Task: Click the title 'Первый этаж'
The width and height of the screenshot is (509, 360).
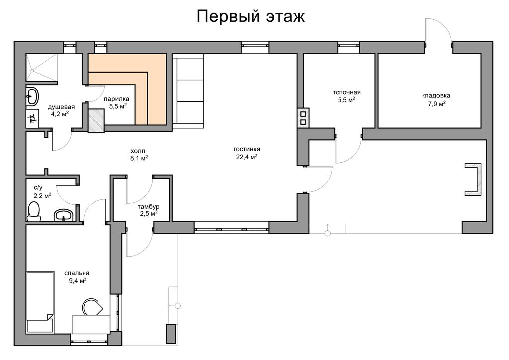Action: pos(251,16)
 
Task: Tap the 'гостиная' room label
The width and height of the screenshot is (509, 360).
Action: pos(247,149)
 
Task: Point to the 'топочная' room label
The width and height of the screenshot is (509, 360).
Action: pos(346,92)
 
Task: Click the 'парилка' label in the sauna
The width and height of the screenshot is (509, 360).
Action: pos(116,99)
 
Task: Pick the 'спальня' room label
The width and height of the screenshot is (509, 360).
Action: pos(77,273)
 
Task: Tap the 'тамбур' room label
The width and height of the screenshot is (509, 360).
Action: pos(148,207)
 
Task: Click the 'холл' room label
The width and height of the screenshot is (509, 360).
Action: pos(138,151)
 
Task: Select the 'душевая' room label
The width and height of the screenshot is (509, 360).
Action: pos(61,107)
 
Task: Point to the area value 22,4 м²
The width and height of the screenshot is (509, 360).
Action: pos(247,157)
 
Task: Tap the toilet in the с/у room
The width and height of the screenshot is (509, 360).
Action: pos(34,211)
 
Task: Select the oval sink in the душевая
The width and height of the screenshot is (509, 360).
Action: pos(32,96)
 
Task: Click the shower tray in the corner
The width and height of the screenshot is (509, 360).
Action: pos(42,68)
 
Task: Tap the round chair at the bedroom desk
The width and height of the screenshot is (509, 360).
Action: pos(92,307)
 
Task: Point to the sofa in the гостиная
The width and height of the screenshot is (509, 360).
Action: pos(188,90)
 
